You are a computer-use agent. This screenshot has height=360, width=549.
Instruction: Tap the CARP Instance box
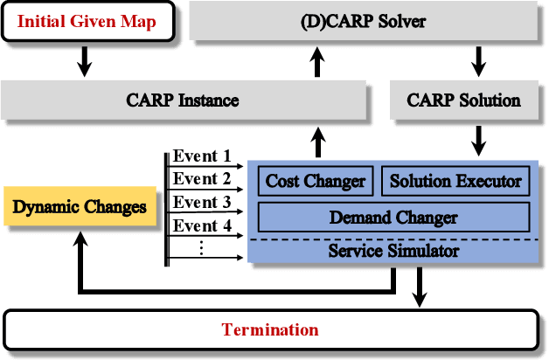coord(182,100)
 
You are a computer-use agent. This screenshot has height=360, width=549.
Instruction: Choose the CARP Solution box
coord(463,100)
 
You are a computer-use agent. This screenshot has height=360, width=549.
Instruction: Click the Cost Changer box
coord(316,181)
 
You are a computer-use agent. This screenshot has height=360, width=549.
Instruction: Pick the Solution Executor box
coord(455,181)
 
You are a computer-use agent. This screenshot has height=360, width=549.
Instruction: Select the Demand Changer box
coord(393,217)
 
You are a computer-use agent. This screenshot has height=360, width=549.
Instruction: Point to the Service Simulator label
coord(393,251)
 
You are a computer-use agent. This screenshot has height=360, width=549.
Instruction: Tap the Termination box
coord(270,330)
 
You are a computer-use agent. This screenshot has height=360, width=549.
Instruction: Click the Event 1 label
coord(201,156)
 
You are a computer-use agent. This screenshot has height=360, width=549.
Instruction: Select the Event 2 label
coord(201,179)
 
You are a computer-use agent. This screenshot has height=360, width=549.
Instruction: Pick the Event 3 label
coord(201,203)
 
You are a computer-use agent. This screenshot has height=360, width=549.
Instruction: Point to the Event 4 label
coord(201,226)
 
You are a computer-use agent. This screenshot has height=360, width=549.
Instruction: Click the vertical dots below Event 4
coord(201,248)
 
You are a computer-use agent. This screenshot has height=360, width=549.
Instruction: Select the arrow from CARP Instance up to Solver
coord(316,61)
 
